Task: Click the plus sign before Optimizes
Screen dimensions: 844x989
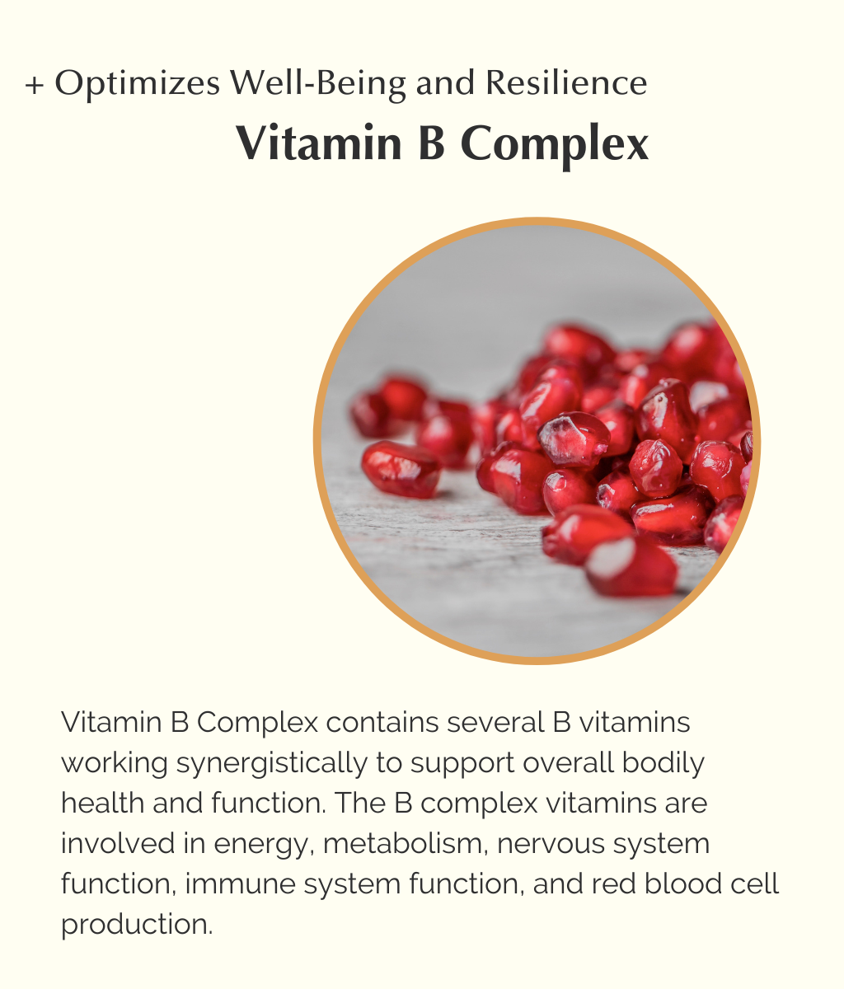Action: coord(35,86)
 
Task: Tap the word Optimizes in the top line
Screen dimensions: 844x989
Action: coord(138,84)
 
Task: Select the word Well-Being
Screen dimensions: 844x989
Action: coord(318,84)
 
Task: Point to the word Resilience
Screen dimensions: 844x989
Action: coord(566,83)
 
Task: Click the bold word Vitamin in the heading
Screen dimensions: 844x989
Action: coord(319,143)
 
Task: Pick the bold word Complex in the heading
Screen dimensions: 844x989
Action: coord(555,146)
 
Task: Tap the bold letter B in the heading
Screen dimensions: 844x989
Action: coord(432,143)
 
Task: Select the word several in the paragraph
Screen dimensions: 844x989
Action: coord(495,723)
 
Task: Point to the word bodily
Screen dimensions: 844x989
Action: coord(663,764)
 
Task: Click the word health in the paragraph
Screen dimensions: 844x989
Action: coord(102,803)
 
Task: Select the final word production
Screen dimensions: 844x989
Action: coord(137,926)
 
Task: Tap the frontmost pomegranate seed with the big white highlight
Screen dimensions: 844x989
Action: coord(631,566)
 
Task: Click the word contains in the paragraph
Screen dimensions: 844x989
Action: coord(382,723)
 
